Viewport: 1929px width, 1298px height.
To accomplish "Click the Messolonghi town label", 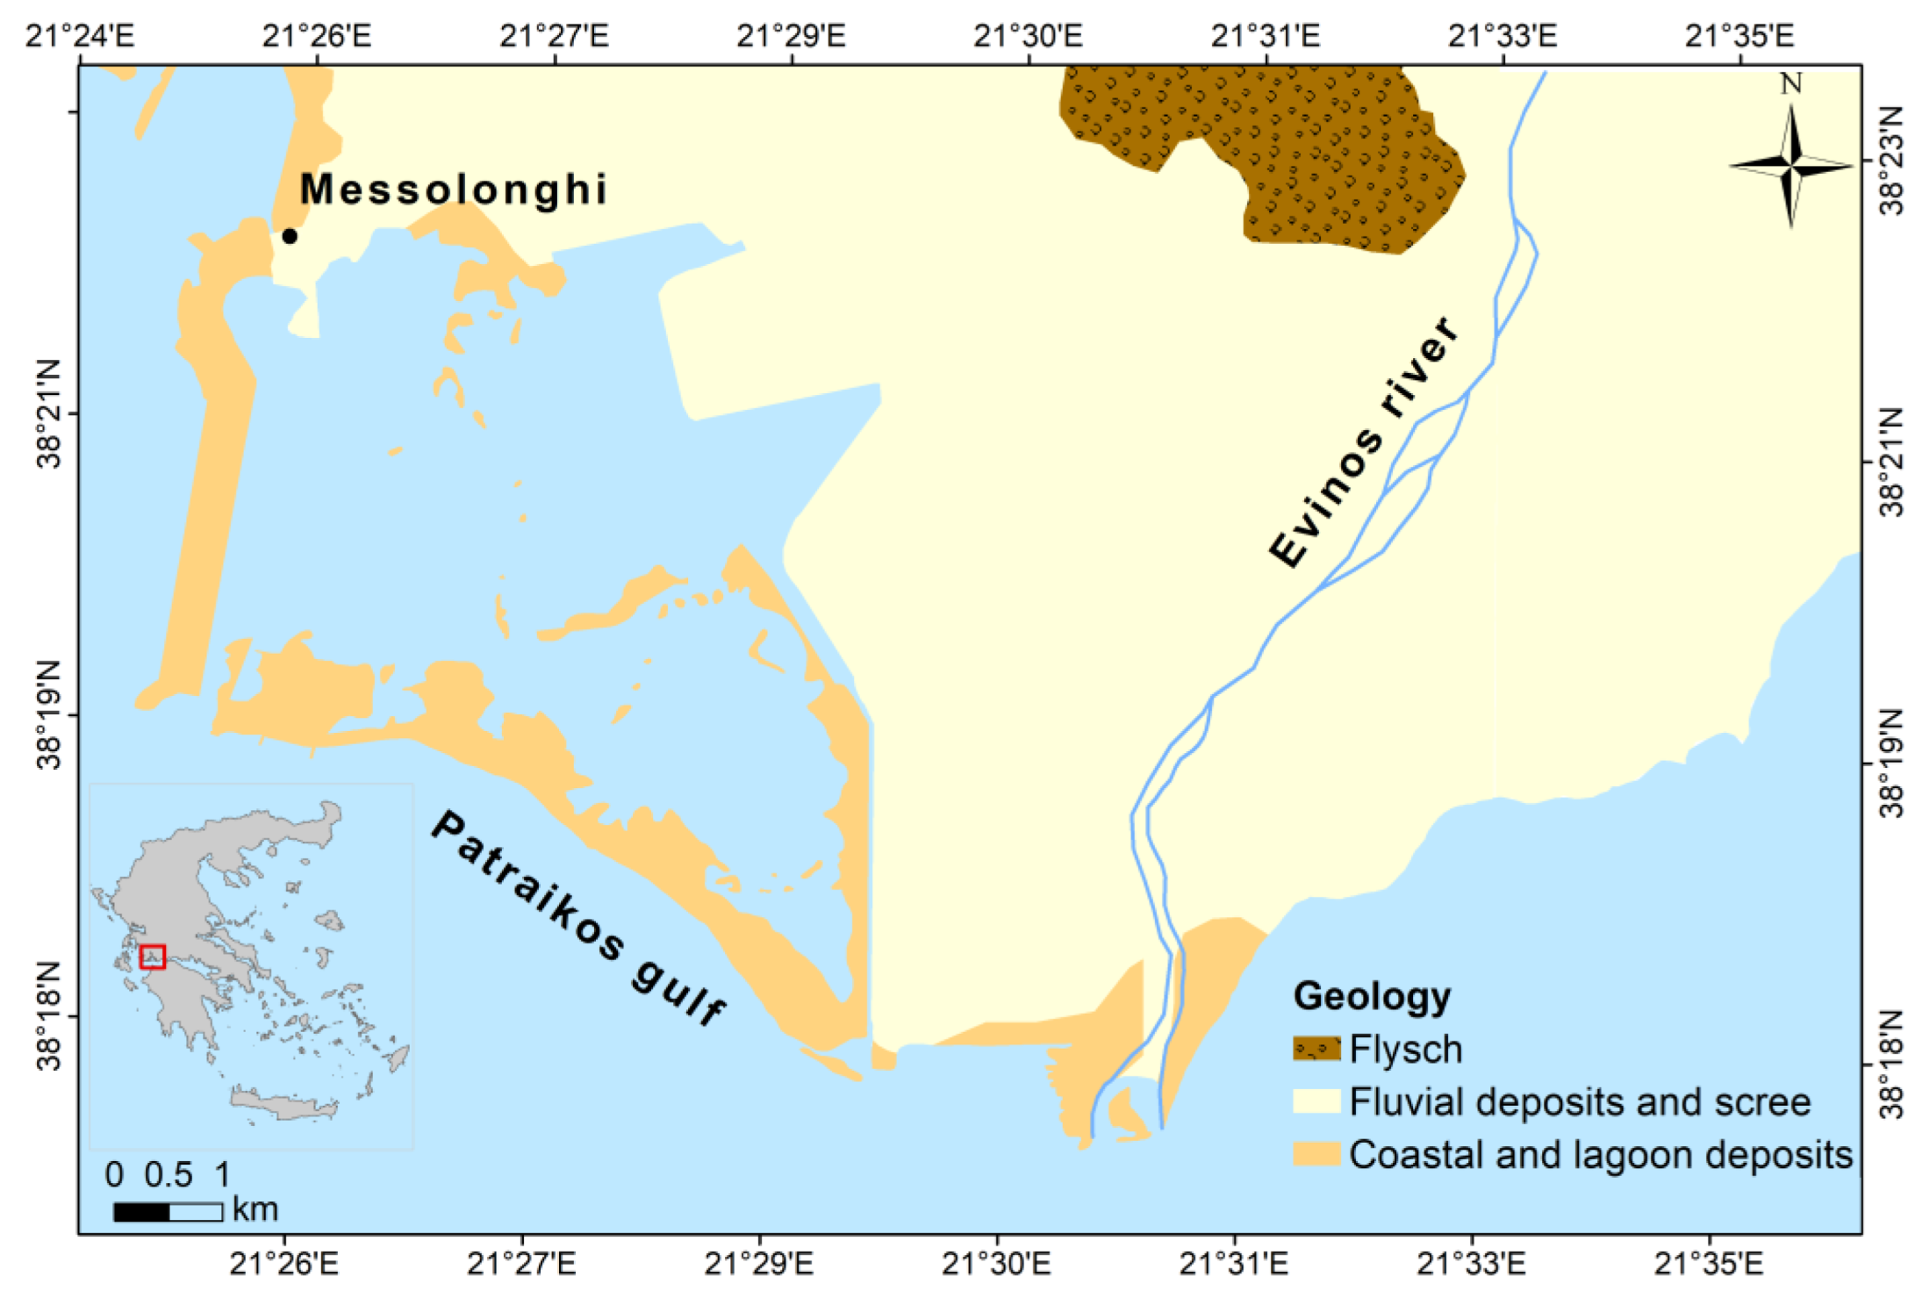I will [454, 190].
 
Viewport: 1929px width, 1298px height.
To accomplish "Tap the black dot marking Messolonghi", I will [290, 236].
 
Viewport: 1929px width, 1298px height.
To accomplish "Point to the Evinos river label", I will [1365, 442].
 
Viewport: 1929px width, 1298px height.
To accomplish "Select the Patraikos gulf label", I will [579, 916].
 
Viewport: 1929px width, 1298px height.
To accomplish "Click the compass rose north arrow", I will [1791, 165].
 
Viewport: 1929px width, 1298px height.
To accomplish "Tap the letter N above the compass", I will [1791, 84].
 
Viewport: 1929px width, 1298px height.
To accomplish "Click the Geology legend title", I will [1372, 997].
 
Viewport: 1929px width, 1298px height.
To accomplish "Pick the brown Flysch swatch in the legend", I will [1316, 1049].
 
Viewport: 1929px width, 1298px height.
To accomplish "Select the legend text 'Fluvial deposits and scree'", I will [1580, 1102].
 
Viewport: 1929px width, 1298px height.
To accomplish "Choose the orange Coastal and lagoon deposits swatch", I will [1316, 1154].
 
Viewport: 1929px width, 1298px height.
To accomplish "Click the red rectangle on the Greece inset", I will [153, 957].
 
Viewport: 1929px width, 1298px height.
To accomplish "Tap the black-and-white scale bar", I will [169, 1212].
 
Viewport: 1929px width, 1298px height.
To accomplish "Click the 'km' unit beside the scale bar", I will [255, 1210].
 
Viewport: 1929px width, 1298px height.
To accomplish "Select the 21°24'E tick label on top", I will [80, 36].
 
